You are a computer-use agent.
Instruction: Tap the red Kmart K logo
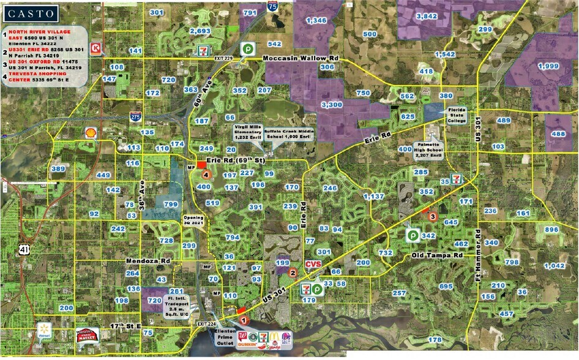point(95,47)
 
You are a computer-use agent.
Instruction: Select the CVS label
point(313,264)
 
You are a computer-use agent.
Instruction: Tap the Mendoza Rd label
point(147,260)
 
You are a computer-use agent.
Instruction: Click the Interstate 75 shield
point(271,7)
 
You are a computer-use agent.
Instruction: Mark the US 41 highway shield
point(24,249)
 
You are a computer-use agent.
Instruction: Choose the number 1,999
point(548,66)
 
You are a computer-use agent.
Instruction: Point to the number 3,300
point(331,105)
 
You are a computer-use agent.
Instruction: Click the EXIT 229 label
point(224,58)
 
